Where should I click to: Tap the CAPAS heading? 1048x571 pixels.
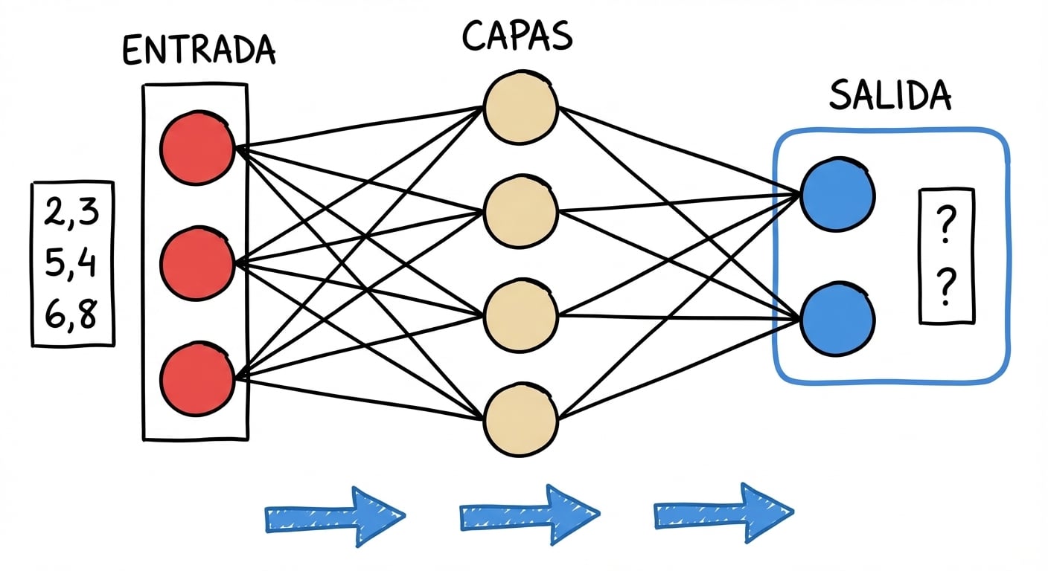click(518, 35)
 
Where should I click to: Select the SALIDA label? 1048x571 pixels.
click(890, 97)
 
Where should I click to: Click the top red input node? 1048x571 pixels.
click(197, 147)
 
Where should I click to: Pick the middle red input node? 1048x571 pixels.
click(197, 264)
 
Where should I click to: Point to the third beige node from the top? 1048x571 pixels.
click(520, 315)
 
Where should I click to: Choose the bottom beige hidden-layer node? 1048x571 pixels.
click(520, 419)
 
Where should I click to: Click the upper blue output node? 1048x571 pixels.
click(837, 195)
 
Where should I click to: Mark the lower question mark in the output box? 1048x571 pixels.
click(946, 289)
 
